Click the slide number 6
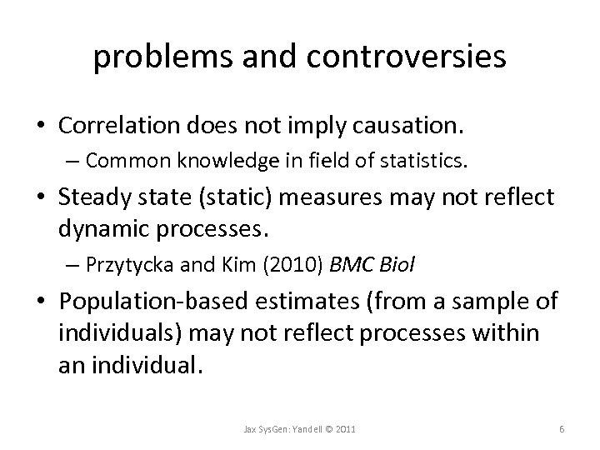pyautogui.click(x=563, y=428)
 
